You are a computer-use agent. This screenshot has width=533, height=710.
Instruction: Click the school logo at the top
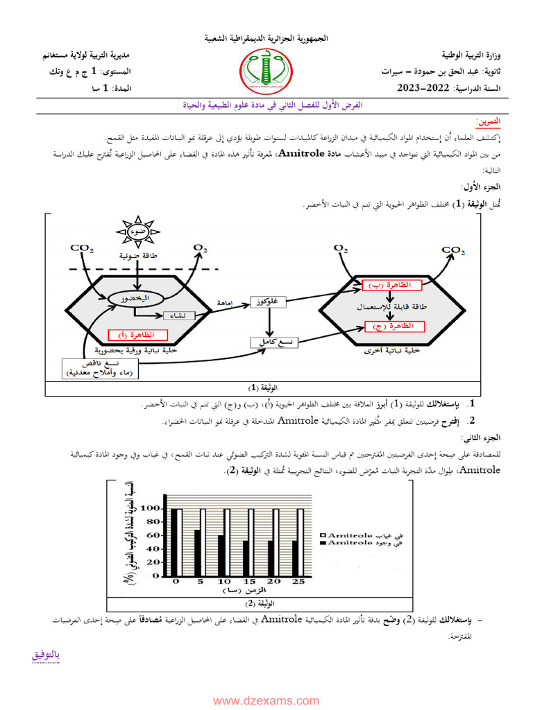[x=267, y=72]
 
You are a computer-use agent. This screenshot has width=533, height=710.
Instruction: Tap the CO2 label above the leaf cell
[x=82, y=248]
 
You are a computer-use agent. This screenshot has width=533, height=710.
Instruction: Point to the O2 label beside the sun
[x=201, y=248]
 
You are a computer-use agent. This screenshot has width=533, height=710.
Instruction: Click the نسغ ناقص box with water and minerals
[x=101, y=368]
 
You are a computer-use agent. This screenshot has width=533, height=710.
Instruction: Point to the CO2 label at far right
[x=453, y=250]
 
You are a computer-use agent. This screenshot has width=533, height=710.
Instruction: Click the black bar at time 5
[x=197, y=553]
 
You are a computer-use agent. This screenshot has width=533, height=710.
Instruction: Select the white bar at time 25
[x=301, y=543]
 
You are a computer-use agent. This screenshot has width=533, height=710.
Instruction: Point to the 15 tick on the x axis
[x=248, y=582]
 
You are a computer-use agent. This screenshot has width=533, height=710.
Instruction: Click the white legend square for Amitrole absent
[x=324, y=536]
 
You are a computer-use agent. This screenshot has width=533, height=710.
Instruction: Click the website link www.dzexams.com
[x=266, y=700]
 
